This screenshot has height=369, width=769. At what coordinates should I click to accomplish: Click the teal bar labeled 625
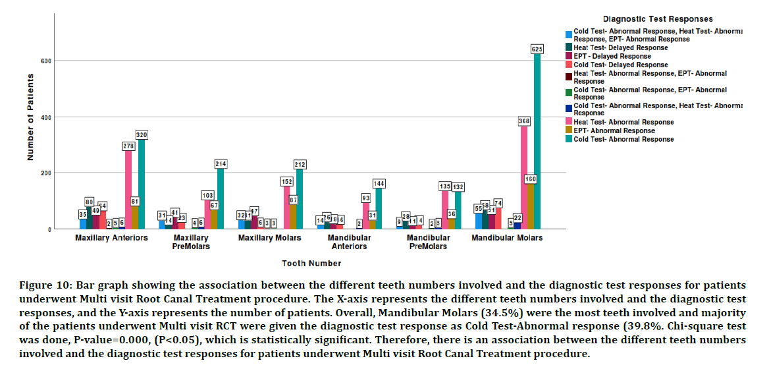click(537, 142)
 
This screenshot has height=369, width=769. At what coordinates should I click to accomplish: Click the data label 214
click(221, 163)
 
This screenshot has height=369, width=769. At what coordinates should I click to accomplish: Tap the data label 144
click(379, 183)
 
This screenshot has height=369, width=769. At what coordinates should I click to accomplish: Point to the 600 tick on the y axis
click(47, 61)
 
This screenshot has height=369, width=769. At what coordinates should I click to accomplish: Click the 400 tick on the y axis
click(47, 117)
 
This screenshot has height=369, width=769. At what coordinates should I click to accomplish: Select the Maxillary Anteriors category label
click(111, 238)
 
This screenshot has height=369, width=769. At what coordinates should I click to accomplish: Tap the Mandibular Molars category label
click(507, 238)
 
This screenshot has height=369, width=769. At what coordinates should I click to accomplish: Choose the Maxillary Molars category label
click(270, 238)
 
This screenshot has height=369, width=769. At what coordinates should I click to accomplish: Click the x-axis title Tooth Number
click(311, 264)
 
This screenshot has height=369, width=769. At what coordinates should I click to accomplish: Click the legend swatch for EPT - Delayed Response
click(568, 57)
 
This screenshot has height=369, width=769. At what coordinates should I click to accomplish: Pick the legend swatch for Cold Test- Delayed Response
click(568, 65)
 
